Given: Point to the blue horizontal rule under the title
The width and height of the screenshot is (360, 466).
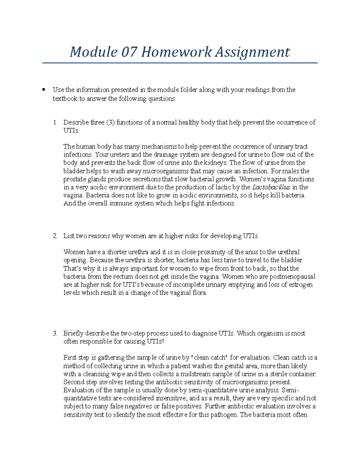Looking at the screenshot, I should tap(180, 63).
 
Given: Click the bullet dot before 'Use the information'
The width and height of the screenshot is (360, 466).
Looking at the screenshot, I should tap(44, 89).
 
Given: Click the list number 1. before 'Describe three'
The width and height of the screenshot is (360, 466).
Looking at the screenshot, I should tap(55, 122).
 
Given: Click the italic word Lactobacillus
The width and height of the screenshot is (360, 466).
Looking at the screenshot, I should tap(271, 187).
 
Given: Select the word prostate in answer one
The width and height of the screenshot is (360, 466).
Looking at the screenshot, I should tap(73, 179).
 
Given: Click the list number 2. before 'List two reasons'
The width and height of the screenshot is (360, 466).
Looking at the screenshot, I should tap(55, 236).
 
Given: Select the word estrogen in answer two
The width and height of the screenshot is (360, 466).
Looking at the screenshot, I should tap(301, 284).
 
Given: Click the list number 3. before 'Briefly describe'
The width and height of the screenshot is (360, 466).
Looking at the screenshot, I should tap(55, 333).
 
